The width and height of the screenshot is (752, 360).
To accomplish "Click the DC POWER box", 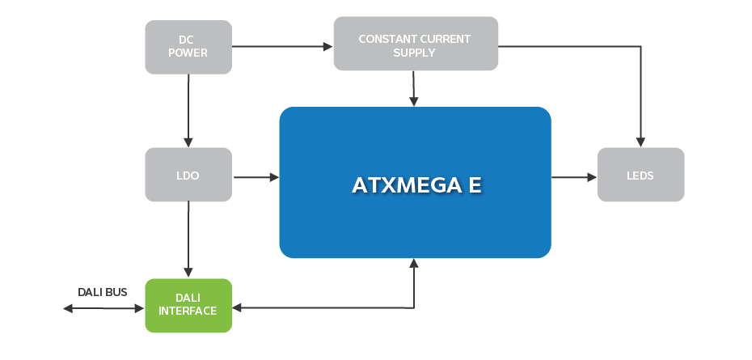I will click(x=188, y=47).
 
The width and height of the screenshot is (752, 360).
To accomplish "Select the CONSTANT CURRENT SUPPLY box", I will click(x=415, y=44).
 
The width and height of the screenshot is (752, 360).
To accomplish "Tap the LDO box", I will click(x=188, y=175).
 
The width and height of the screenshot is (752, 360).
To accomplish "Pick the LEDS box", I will click(x=640, y=175).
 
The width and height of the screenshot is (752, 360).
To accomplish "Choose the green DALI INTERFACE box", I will click(x=188, y=305).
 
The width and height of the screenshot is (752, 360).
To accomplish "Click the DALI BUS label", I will click(x=102, y=292).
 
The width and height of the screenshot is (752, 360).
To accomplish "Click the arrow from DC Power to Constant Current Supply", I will click(x=282, y=47).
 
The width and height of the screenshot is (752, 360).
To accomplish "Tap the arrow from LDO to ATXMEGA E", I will click(x=256, y=176).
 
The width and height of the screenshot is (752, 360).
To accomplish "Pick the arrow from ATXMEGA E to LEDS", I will click(x=574, y=176).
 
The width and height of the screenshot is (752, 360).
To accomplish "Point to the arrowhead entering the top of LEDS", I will click(x=640, y=142).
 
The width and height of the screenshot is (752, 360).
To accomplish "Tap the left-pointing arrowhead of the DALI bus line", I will click(x=68, y=308).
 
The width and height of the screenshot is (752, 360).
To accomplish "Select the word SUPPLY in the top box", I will click(x=414, y=53).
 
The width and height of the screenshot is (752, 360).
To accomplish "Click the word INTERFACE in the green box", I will click(x=188, y=311).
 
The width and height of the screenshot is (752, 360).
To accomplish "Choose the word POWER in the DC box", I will click(x=188, y=53).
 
